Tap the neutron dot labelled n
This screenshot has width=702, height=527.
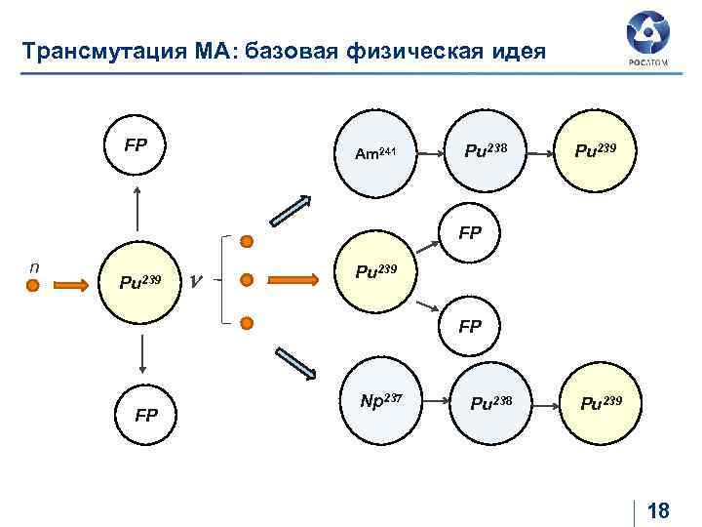32,285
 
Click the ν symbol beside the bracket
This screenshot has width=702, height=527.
196,281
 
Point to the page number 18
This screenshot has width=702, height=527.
659,511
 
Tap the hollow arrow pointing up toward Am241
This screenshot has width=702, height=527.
291,214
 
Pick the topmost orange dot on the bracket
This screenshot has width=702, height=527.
248,241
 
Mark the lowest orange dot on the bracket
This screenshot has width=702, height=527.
248,323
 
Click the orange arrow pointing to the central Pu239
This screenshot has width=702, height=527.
292,280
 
